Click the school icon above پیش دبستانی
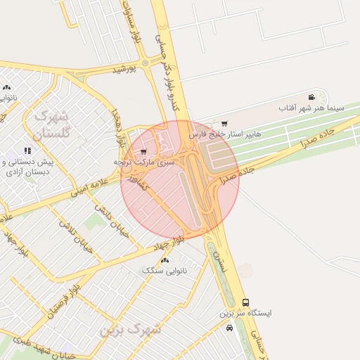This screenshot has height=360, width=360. pos(27,150)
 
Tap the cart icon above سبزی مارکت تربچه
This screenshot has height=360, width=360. pos(144,151)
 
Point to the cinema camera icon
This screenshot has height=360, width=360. pos(311,97)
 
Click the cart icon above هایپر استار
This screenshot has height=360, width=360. pos(224,124)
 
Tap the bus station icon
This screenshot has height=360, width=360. pos(245,302)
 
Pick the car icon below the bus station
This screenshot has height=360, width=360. pos(229,328)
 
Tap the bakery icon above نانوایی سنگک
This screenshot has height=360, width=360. pos(165,260)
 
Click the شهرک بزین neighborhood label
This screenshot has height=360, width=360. pos(130,329)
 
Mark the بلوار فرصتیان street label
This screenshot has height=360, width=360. pos(62,302)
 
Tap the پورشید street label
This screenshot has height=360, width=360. pos(124,69)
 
